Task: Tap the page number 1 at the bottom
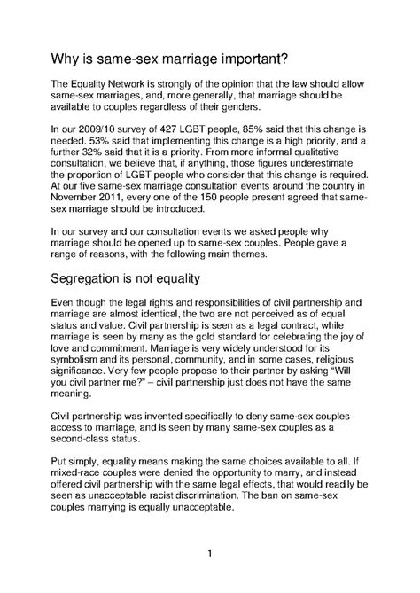[208, 555]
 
